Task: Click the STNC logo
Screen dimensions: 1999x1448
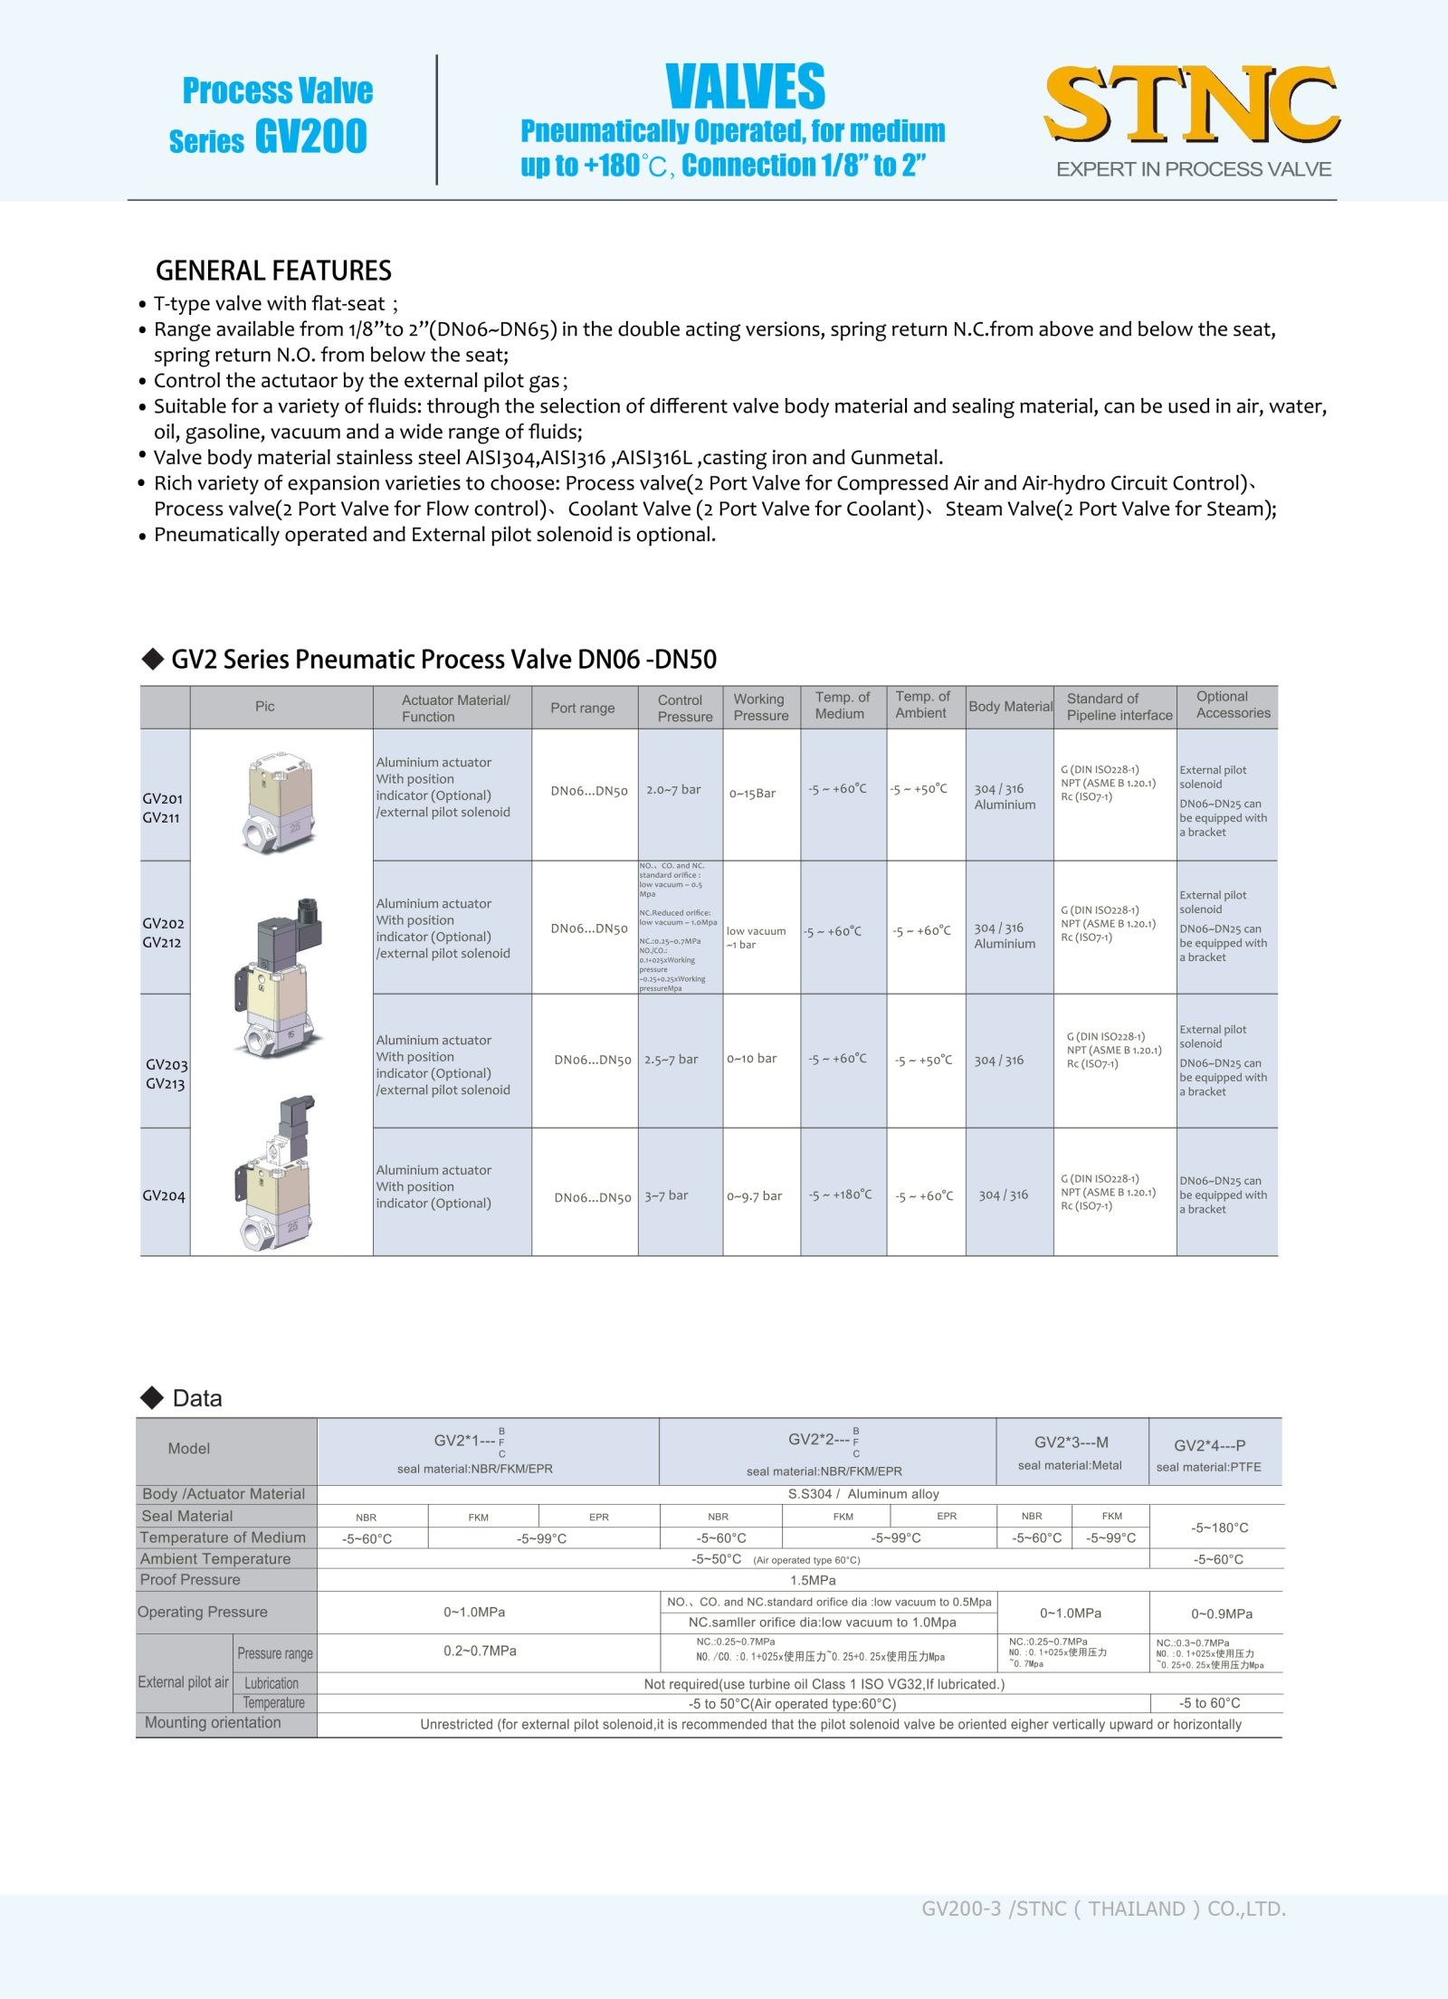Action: (1192, 106)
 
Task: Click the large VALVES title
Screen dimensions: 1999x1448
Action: (745, 87)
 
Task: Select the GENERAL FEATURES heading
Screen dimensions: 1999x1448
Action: (273, 271)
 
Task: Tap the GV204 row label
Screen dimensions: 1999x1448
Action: (164, 1195)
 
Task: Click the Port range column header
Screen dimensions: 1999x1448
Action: (582, 708)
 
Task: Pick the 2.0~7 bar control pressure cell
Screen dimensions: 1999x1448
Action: (673, 790)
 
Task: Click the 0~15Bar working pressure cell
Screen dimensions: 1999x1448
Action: (753, 794)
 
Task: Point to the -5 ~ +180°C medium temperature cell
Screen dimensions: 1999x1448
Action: (841, 1195)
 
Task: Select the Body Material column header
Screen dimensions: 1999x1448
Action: (1010, 707)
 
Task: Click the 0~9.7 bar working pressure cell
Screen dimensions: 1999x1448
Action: (755, 1196)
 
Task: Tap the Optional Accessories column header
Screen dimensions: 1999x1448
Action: (1233, 705)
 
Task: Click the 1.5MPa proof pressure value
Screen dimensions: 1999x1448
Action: (813, 1580)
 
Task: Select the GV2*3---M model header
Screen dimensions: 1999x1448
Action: (1071, 1442)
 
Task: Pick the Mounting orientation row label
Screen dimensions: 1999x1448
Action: (213, 1723)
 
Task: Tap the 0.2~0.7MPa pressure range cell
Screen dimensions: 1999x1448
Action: (480, 1652)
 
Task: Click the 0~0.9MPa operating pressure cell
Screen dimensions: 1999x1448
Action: (1222, 1613)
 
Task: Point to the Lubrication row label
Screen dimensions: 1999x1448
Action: (271, 1683)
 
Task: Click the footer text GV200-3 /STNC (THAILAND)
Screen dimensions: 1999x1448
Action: (1103, 1909)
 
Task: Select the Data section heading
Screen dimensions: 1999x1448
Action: (196, 1399)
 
